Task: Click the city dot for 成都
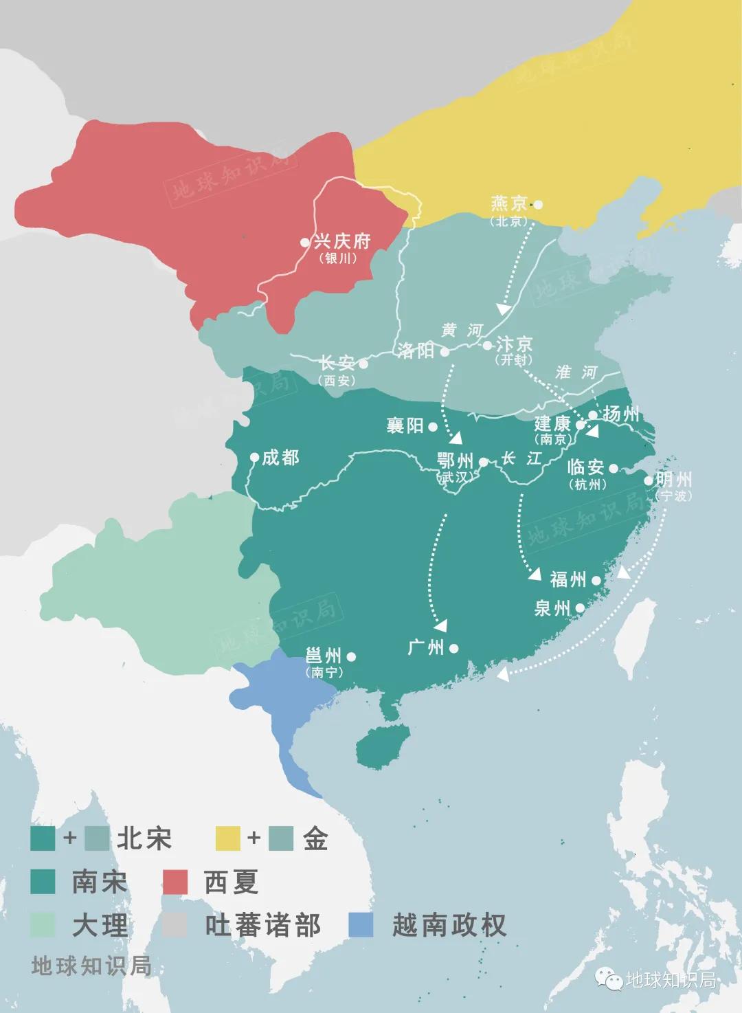click(254, 457)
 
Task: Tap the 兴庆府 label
click(341, 241)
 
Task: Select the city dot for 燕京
click(538, 204)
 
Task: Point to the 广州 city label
click(426, 647)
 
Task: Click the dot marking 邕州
click(351, 656)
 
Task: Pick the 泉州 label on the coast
click(552, 608)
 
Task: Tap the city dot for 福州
click(596, 580)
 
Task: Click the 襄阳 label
click(405, 426)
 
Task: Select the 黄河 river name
click(462, 331)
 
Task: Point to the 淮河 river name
click(576, 372)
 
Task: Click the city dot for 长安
click(363, 364)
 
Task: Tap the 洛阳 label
click(416, 350)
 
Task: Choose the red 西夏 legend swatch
click(175, 882)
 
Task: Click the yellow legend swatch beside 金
click(227, 838)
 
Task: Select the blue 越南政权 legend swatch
click(361, 924)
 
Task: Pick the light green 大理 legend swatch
click(43, 924)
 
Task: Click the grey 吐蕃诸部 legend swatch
click(175, 924)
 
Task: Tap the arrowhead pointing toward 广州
click(440, 625)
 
